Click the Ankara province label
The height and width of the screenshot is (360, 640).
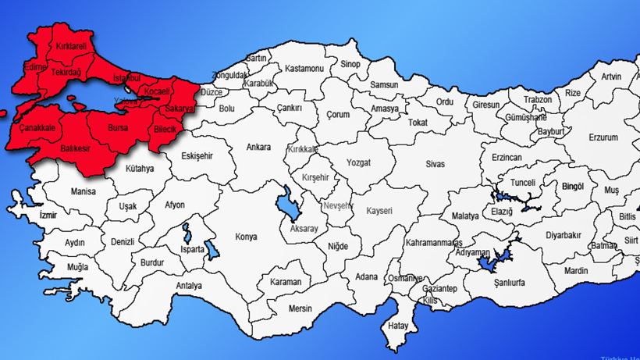(x=258, y=147)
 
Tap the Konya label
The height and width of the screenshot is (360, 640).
(x=247, y=236)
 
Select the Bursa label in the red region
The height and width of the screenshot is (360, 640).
(x=118, y=127)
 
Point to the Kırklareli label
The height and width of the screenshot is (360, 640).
(x=70, y=47)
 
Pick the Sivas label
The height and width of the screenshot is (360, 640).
(x=435, y=164)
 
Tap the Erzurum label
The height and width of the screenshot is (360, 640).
(x=603, y=137)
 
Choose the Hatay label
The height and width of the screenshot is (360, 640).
(x=399, y=325)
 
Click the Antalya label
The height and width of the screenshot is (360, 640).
(x=189, y=286)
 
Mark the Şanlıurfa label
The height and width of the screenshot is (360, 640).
(x=506, y=282)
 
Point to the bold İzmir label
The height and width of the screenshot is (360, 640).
(x=48, y=215)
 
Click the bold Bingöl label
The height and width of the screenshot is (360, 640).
(x=573, y=187)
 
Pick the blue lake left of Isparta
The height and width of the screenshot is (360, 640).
(x=187, y=233)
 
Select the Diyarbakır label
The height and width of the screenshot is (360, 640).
(x=564, y=234)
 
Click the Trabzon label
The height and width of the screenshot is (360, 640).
(x=538, y=100)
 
